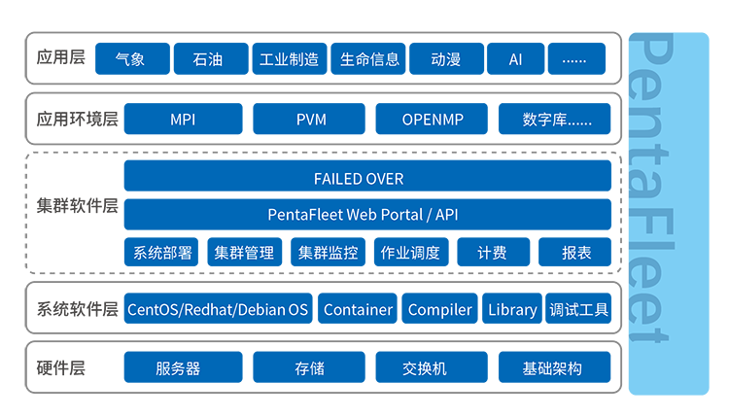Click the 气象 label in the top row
(x=129, y=59)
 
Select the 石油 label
(x=207, y=59)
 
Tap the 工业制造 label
(x=289, y=59)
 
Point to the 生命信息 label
(x=369, y=59)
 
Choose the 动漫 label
(x=445, y=59)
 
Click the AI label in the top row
(x=515, y=59)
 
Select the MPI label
(x=183, y=120)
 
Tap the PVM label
(x=311, y=120)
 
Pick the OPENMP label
(x=433, y=120)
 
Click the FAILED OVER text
(x=358, y=179)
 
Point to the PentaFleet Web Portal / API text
(x=362, y=214)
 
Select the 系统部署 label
(x=162, y=253)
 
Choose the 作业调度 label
(x=410, y=253)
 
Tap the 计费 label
(x=492, y=253)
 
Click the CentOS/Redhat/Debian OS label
(x=218, y=310)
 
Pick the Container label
(x=358, y=310)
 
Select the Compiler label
(x=439, y=310)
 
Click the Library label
(x=512, y=310)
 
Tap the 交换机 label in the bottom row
(x=425, y=368)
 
